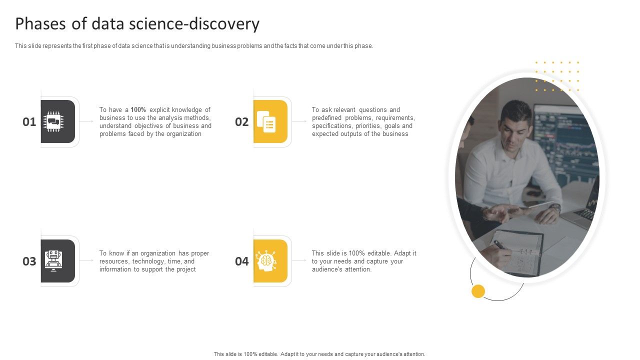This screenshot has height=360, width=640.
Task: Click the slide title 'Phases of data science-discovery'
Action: [x=137, y=24]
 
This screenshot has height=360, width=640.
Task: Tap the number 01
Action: [x=29, y=122]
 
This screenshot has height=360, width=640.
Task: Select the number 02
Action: [x=242, y=122]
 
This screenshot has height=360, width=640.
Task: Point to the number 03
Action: [x=29, y=261]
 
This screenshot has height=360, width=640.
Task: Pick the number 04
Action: [x=242, y=261]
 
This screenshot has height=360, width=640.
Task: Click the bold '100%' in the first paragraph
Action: [x=138, y=110]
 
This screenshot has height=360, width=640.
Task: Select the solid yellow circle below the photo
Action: [x=478, y=291]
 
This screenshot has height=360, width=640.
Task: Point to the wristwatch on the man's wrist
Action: [x=554, y=207]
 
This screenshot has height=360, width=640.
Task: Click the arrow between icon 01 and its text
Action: [x=86, y=121]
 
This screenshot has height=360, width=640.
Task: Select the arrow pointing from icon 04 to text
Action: [x=299, y=260]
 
